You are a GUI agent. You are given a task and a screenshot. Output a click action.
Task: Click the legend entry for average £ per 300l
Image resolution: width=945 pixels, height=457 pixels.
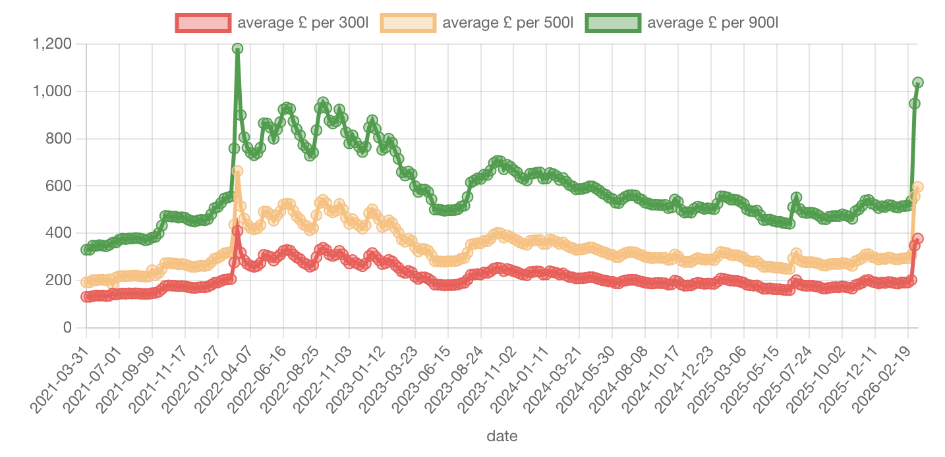pos(271,22)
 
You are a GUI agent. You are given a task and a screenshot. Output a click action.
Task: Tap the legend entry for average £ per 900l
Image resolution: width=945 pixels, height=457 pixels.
pos(678,22)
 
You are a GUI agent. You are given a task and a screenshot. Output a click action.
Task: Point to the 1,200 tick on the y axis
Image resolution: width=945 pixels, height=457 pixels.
pos(52,44)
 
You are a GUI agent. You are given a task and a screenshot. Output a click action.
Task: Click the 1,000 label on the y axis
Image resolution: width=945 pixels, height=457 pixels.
pos(52,92)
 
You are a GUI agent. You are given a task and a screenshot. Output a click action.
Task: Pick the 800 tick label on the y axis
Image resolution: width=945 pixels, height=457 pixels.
pos(59,139)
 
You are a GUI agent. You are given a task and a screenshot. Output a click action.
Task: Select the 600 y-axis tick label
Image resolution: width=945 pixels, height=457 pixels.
pos(59,186)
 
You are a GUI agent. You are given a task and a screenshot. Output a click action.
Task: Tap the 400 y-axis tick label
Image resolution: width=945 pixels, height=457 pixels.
pos(59,233)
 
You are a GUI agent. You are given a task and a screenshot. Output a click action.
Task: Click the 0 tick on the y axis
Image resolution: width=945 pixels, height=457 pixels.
pos(67,328)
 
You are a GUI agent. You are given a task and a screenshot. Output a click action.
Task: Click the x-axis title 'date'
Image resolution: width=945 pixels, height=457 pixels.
pos(501,436)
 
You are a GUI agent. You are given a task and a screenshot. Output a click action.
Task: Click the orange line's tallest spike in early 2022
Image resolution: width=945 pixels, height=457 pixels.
pos(237,171)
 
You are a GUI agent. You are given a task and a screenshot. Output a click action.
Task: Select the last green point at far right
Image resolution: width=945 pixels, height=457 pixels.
pos(917,82)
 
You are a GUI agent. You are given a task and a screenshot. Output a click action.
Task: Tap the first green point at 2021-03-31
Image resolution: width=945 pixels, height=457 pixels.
pos(86,250)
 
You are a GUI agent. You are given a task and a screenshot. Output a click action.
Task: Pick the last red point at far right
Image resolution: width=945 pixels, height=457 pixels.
pos(917,238)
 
